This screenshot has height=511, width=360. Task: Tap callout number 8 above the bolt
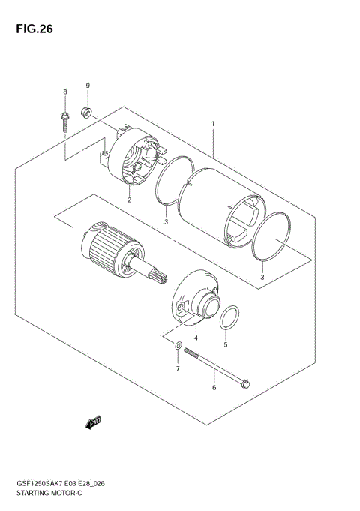click(64, 92)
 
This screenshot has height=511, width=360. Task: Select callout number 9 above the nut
click(87, 86)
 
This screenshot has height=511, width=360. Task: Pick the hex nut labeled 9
click(87, 113)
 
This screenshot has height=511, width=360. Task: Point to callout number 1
click(213, 124)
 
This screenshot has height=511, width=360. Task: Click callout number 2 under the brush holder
click(129, 200)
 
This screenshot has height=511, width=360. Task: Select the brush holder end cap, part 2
click(138, 161)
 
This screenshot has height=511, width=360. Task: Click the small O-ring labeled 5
click(232, 318)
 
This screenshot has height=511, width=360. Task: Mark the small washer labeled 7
click(177, 347)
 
